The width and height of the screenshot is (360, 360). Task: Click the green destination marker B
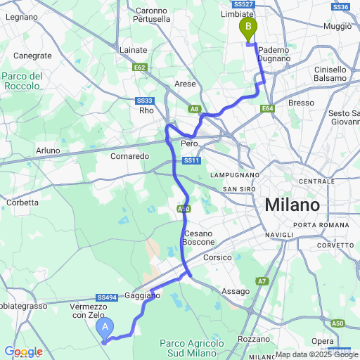(247, 29)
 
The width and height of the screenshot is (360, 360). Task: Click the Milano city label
(292, 205)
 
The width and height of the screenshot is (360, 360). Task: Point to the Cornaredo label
(128, 155)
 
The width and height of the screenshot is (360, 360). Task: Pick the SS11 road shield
(191, 161)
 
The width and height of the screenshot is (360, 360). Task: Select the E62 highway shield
(139, 67)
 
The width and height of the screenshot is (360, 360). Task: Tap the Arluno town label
(49, 150)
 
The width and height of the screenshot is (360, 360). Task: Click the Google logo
(23, 352)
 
